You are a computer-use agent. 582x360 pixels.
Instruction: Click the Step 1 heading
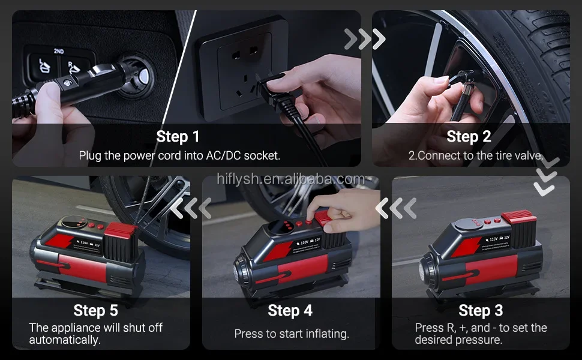(178, 137)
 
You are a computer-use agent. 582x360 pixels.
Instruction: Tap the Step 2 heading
(469, 137)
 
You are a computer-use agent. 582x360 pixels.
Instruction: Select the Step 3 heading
(481, 310)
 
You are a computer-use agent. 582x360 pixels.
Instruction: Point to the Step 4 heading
(290, 310)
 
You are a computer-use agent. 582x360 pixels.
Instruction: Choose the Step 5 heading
(95, 310)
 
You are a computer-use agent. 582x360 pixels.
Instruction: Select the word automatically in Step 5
(65, 340)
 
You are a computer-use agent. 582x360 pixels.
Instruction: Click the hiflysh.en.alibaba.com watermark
(290, 179)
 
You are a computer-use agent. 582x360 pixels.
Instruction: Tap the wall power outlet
(243, 68)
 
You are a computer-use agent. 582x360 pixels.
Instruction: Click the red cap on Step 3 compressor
(519, 216)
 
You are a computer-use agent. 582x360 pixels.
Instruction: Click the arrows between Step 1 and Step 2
(365, 39)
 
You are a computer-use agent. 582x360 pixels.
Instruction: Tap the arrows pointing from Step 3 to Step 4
(395, 208)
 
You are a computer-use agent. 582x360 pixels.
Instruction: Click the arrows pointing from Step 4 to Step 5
(191, 208)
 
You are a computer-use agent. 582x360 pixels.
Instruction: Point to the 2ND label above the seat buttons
(59, 51)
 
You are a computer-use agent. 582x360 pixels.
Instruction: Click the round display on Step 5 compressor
(72, 221)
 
